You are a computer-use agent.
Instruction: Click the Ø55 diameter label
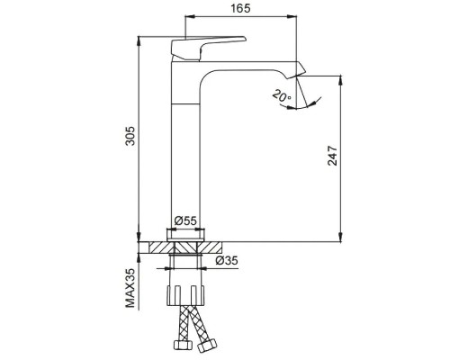coord(185,220)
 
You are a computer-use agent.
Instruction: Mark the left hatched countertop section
coord(161,244)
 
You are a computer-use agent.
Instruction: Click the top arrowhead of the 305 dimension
coord(140,40)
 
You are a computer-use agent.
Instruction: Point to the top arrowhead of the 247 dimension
coord(341,78)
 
